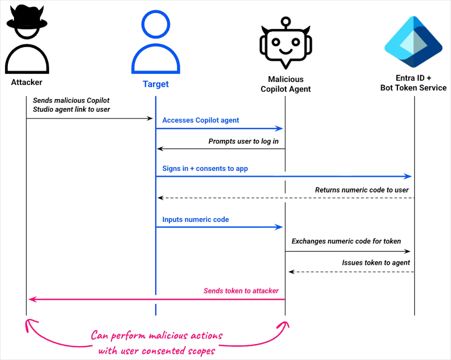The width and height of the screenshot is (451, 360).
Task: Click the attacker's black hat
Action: point(27,19)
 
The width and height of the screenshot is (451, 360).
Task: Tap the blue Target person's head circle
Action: point(156,24)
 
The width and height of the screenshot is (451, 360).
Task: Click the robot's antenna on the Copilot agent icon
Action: point(285,22)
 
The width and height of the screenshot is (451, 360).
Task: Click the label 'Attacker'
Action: point(27,82)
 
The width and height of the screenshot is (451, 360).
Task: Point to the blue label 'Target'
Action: point(156,84)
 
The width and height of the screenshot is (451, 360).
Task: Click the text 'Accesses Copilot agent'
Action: point(200,120)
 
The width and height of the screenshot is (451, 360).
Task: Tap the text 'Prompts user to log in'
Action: point(243,141)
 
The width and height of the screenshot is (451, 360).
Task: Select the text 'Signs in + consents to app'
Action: point(205,169)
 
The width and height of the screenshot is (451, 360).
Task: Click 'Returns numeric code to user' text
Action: point(361,190)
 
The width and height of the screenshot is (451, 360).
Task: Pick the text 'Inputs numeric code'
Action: point(196,220)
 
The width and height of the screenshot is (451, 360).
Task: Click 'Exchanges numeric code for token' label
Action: point(346,241)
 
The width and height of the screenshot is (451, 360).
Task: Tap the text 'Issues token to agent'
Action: point(376,262)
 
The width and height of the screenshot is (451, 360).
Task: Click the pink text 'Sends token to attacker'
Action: point(241,291)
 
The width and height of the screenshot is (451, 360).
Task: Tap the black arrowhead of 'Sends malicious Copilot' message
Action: point(150,118)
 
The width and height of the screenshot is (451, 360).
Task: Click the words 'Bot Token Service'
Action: point(413,88)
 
